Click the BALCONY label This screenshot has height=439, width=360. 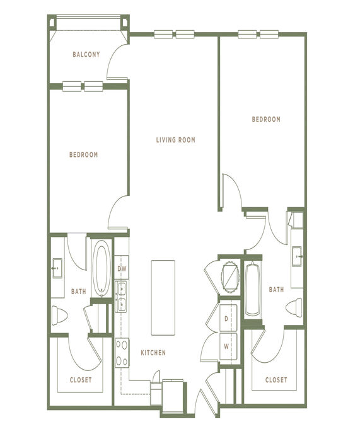point(86,54)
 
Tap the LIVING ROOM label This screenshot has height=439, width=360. point(176,140)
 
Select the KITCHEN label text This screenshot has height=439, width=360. point(153,353)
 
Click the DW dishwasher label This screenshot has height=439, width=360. point(122,269)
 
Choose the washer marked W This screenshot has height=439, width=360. point(228,346)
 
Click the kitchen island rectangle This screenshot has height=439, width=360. point(163,298)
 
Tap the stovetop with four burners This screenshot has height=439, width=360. point(122,353)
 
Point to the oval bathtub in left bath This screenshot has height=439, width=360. point(102,269)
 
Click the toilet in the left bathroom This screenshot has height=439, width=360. point(59,316)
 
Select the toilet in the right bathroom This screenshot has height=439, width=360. point(294,307)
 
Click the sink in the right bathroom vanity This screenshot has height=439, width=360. point(297,256)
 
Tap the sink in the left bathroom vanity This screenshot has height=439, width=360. point(57,268)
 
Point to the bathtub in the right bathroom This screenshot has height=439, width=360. point(253,289)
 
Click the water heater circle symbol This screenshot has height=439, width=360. point(230,277)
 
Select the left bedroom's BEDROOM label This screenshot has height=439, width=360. point(83,154)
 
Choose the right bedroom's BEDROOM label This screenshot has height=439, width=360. point(266,119)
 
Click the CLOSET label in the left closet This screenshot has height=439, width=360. point(81,380)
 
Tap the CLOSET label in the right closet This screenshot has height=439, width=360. point(276,380)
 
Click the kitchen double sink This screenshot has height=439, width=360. point(122,297)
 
